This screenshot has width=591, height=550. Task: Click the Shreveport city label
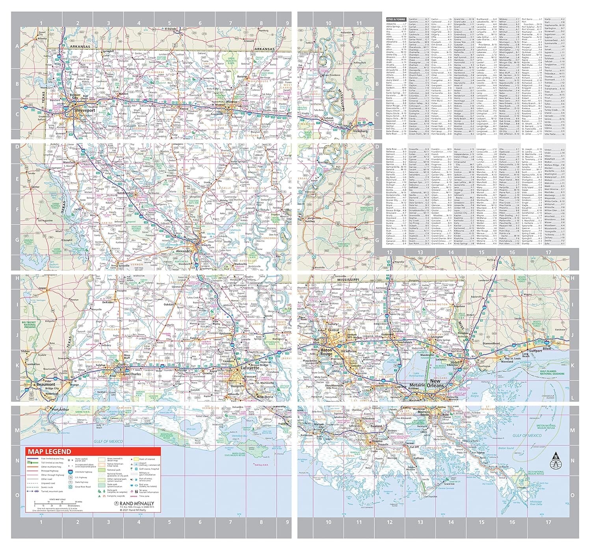tap(85, 110)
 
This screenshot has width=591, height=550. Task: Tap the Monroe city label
tap(232, 102)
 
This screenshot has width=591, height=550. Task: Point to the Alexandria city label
tap(184, 251)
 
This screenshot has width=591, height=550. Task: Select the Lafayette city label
tap(250, 368)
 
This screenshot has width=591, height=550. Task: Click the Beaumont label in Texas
tap(46, 384)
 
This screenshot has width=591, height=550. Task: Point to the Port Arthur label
tap(60, 410)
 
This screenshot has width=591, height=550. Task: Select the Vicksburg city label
tap(361, 131)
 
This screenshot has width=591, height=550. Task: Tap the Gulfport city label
tap(535, 351)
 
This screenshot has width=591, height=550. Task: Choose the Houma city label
tap(377, 441)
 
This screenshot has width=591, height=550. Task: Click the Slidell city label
tap(455, 362)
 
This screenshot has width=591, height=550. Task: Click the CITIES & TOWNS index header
tap(396, 19)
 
